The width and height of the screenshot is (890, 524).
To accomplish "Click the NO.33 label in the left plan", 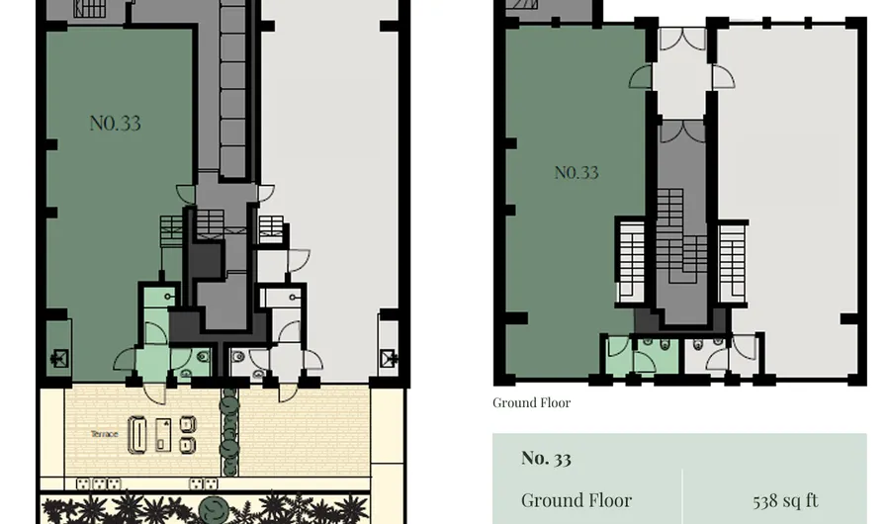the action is [116, 124].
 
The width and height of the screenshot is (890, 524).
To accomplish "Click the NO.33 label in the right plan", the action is [577, 173].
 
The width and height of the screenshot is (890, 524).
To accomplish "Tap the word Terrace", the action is [105, 434].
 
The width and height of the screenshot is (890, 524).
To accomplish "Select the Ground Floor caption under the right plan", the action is [531, 402].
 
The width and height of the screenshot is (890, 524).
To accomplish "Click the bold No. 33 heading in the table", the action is [546, 458].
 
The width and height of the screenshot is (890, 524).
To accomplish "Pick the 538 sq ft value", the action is [785, 500].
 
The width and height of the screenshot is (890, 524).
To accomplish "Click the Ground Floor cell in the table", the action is [577, 500].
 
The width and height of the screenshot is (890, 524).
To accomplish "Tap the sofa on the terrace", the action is [137, 435].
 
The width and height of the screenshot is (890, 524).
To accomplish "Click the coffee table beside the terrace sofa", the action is [163, 435].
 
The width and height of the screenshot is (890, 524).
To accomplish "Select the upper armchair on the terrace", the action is [188, 424].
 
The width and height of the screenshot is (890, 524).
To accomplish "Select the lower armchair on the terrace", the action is [188, 445].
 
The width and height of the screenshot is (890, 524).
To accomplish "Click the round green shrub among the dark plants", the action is [214, 508].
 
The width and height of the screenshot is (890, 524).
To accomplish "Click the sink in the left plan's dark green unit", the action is [59, 359].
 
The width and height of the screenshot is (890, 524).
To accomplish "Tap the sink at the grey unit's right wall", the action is [389, 359].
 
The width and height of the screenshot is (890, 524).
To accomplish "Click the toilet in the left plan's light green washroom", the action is [203, 357].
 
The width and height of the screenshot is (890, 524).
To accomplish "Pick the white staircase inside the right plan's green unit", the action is [631, 261].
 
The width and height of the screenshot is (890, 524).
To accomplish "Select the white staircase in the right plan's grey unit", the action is [732, 263].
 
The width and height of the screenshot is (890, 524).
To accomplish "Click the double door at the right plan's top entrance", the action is [682, 39].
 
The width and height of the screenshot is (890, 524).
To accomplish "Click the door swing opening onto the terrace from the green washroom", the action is [154, 393].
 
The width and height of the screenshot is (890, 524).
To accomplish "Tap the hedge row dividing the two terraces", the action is [229, 431].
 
